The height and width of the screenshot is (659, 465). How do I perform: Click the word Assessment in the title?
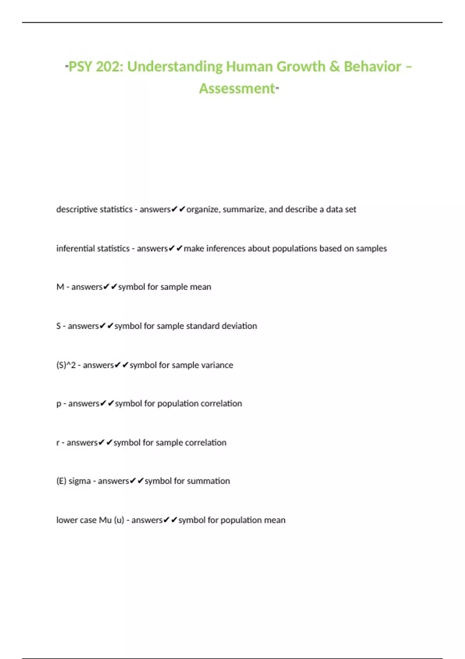(x=237, y=89)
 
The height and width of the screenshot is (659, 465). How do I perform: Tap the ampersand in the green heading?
(x=334, y=67)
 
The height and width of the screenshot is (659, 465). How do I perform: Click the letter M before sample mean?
(x=60, y=287)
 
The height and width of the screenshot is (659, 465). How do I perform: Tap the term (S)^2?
(x=66, y=365)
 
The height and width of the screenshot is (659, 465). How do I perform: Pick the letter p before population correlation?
(x=59, y=404)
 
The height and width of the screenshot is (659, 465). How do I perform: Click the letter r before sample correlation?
(x=58, y=443)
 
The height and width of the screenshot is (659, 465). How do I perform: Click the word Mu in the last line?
(x=105, y=520)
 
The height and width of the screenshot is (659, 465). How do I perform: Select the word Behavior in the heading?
(x=372, y=67)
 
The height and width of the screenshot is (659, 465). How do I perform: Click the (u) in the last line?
(x=119, y=520)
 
